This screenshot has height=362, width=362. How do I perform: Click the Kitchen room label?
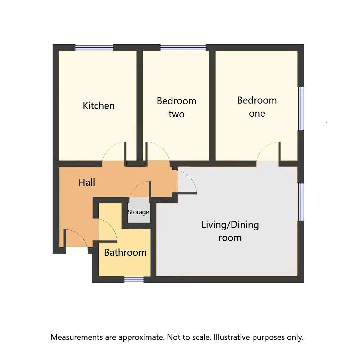(99, 106)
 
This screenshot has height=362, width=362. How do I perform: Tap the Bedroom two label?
(176, 107)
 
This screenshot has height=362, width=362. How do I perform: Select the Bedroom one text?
(257, 107)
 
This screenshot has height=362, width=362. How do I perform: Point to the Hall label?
(87, 182)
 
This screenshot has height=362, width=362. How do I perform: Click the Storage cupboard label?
(138, 212)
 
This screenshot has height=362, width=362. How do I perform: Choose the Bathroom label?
(125, 252)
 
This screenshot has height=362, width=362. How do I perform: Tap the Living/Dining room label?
(230, 231)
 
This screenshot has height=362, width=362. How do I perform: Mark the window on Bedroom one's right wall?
(301, 109)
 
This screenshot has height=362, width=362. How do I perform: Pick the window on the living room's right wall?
(301, 202)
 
